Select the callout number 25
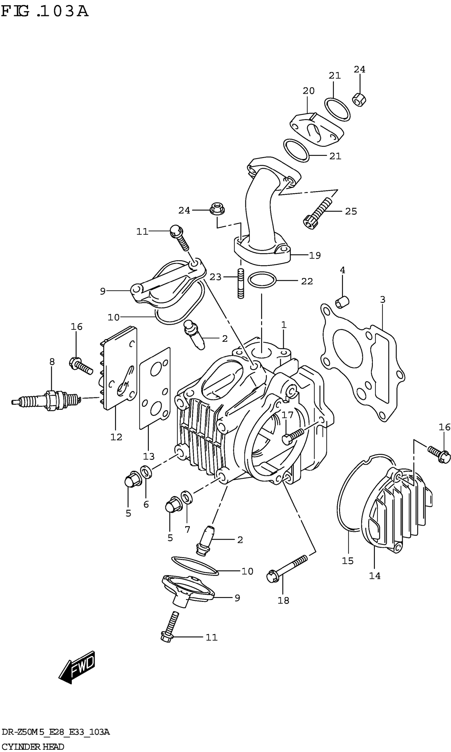(x=351, y=211)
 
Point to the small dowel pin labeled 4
(x=342, y=302)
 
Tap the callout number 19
(x=315, y=255)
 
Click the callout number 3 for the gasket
(x=382, y=300)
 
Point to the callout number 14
(x=374, y=576)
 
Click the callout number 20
(x=309, y=90)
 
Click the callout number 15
(x=348, y=561)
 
